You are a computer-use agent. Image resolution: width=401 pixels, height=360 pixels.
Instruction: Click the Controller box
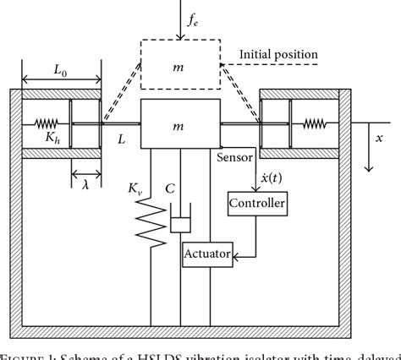[256, 204]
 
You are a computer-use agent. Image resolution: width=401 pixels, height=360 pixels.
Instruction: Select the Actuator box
[210, 254]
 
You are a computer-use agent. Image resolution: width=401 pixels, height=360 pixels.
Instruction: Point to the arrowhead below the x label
[369, 167]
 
